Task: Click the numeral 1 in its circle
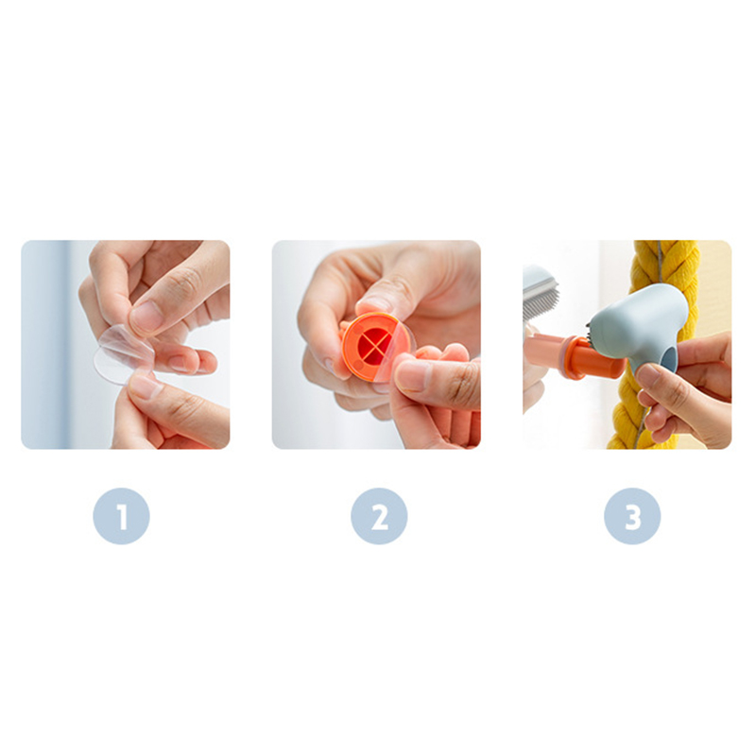pos(122,517)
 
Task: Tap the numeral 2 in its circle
pos(380,517)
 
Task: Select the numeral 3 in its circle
pos(632,517)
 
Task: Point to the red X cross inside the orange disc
pos(374,343)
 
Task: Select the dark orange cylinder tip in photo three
pos(597,359)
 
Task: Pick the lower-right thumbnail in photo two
pos(411,377)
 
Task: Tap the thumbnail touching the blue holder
pos(647,375)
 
